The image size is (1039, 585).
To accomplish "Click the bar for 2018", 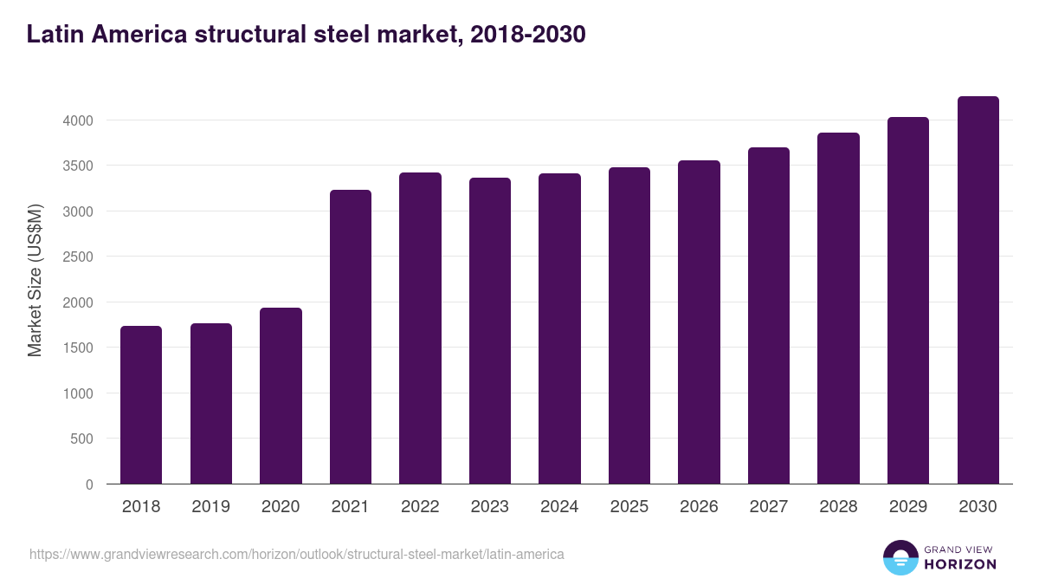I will tap(141, 405).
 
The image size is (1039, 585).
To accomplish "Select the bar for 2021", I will tap(351, 337).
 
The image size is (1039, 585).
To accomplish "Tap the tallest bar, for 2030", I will tap(978, 290).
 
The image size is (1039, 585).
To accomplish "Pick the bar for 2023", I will tap(490, 331).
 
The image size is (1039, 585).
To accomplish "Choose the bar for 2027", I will tap(769, 315).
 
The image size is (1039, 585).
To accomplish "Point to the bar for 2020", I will tap(281, 396).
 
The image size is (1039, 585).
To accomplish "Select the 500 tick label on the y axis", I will tap(81, 439).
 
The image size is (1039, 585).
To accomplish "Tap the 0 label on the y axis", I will tap(88, 484).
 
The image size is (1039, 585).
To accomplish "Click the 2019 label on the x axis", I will tap(210, 507).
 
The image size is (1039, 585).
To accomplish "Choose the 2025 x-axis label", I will tap(629, 507).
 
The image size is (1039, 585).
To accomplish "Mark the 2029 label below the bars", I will tap(907, 507).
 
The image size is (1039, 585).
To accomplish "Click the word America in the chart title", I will tap(139, 35).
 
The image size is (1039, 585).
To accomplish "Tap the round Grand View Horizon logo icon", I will tap(900, 558).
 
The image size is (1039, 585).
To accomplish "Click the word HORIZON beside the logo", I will tap(960, 564).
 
